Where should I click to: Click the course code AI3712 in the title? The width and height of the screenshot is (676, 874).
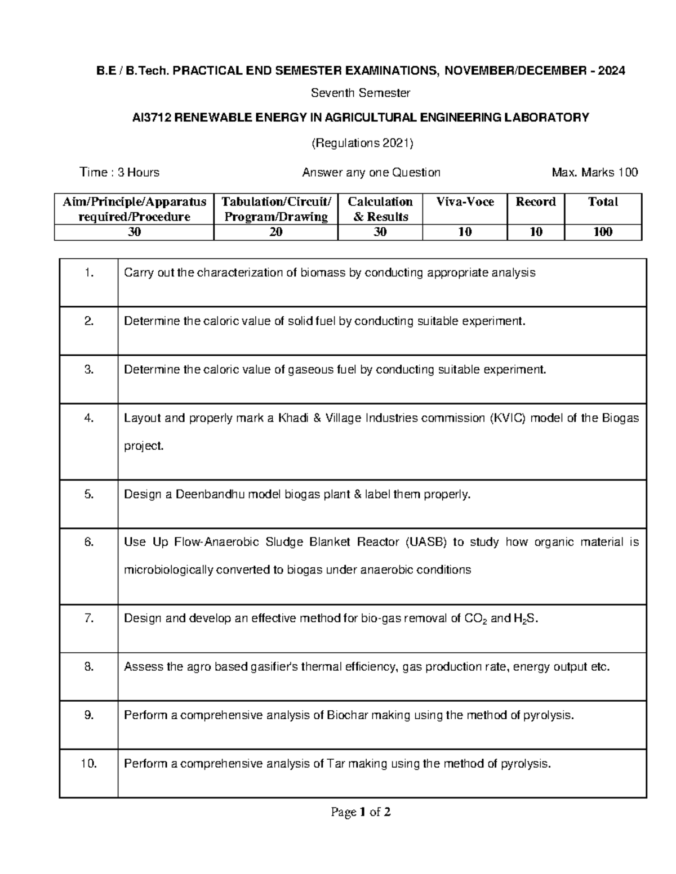[x=152, y=118]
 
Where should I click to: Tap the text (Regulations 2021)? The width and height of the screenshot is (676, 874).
[x=362, y=144]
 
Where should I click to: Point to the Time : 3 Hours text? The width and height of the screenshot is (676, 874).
[x=119, y=172]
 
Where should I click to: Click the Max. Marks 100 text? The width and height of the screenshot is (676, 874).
[x=595, y=172]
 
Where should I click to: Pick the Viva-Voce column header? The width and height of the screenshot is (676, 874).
[x=465, y=202]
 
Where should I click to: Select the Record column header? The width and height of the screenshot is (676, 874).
[x=536, y=202]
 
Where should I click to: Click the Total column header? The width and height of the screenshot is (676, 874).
[x=603, y=202]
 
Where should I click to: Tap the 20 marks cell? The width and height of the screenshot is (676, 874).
[x=276, y=232]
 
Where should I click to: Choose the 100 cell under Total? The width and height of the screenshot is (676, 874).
[x=603, y=232]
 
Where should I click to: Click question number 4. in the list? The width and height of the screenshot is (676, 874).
[x=89, y=418]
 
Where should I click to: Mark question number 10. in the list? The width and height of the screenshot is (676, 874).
[x=89, y=764]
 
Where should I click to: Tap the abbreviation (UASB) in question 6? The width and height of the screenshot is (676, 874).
[x=426, y=543]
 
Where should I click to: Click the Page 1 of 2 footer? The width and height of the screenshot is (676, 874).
[x=361, y=812]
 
